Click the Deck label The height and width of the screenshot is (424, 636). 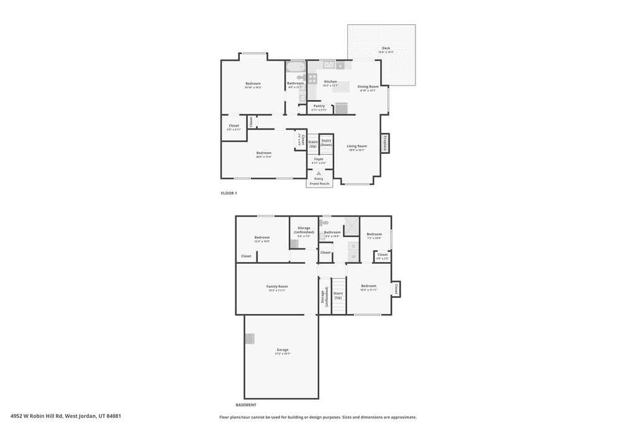[x=386, y=48]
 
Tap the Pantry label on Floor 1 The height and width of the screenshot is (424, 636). [x=319, y=106]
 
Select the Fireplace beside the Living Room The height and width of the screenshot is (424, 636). [x=385, y=143]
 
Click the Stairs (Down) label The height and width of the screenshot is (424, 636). [x=326, y=143]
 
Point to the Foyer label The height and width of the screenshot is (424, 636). [x=318, y=160]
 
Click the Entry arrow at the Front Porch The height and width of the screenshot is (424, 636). [x=319, y=173]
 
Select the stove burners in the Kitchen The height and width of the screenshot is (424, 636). [x=312, y=79]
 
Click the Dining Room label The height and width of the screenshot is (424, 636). [x=368, y=87]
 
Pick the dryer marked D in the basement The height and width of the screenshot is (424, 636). [x=353, y=246]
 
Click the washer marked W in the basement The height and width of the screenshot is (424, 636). [x=353, y=256]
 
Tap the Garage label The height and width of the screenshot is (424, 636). [x=282, y=350]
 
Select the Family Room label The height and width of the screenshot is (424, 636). [x=277, y=286]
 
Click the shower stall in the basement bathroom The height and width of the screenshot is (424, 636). [x=352, y=225]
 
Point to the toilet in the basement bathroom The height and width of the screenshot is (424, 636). [x=324, y=222]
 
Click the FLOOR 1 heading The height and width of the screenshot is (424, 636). [x=229, y=193]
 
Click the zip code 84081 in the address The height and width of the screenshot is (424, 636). [x=112, y=416]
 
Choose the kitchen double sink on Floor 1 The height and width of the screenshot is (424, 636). [x=329, y=65]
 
